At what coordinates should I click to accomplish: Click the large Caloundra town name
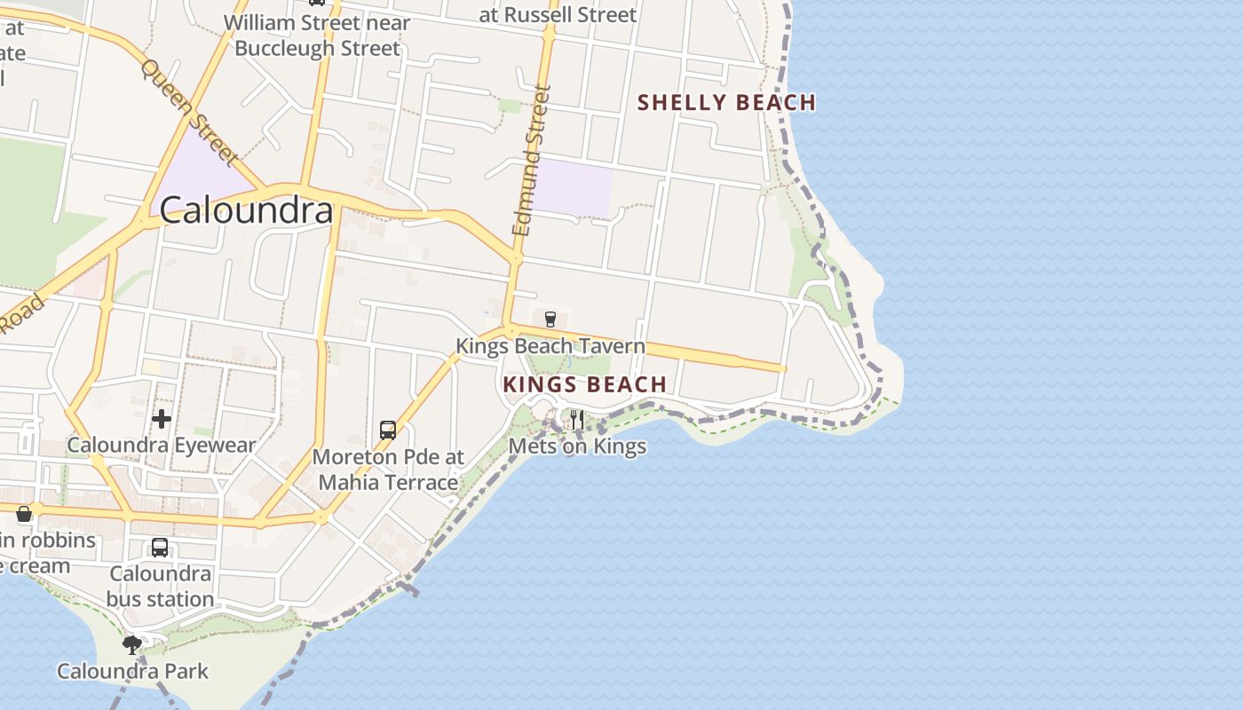tap(246, 210)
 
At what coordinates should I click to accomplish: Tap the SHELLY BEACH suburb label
tap(726, 103)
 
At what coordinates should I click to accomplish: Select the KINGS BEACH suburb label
tap(585, 384)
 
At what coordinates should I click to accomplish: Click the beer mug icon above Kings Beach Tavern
tap(550, 319)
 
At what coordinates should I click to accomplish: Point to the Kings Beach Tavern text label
tap(550, 346)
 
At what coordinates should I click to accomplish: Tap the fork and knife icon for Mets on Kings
tap(577, 419)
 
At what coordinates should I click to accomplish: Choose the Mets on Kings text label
tap(577, 446)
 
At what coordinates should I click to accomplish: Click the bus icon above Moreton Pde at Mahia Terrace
tap(388, 430)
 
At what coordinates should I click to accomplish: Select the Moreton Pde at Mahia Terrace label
tap(389, 469)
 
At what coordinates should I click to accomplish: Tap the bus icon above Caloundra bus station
tap(160, 548)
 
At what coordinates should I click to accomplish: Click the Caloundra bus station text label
tap(160, 587)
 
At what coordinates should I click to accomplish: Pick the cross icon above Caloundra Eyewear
tap(162, 418)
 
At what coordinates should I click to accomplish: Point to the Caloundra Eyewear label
tap(162, 446)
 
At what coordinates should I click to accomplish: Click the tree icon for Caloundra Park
tap(132, 644)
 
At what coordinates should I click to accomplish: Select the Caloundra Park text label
tap(132, 671)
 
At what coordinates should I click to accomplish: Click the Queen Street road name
tap(189, 113)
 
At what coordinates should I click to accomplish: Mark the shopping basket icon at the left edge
tap(24, 514)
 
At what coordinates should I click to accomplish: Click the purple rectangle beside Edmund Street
tap(574, 186)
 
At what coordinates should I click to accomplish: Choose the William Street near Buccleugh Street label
tap(317, 35)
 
